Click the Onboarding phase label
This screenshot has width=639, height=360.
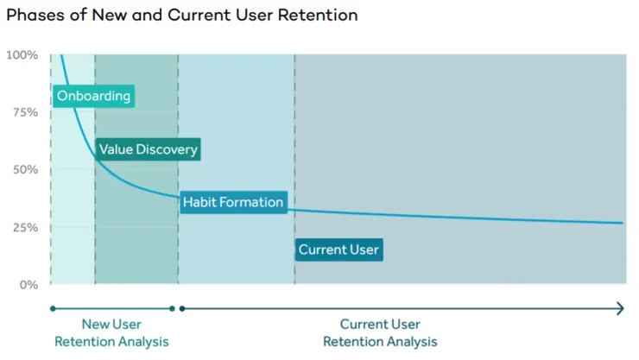pos(93,96)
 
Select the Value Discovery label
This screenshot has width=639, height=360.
pos(148,149)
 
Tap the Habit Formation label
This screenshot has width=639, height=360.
pos(232,202)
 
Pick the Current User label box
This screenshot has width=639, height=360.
pos(338,250)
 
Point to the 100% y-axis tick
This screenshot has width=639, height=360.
pos(22,55)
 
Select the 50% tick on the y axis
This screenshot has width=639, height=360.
pos(24,170)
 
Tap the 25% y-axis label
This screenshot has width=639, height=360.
pos(24,227)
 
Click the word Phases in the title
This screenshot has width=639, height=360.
pos(34,16)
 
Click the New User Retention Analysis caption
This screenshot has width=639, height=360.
pos(112,333)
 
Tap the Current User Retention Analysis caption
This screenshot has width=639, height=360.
pos(380,333)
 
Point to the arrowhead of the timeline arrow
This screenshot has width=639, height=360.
pos(620,308)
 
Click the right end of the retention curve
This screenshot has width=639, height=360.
pos(622,223)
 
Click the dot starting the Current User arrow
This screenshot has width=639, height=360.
pos(181,308)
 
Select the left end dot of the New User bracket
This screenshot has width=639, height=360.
pos(53,308)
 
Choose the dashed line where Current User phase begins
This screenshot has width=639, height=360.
pos(294,173)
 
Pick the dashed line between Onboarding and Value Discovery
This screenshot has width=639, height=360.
pos(95,216)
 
